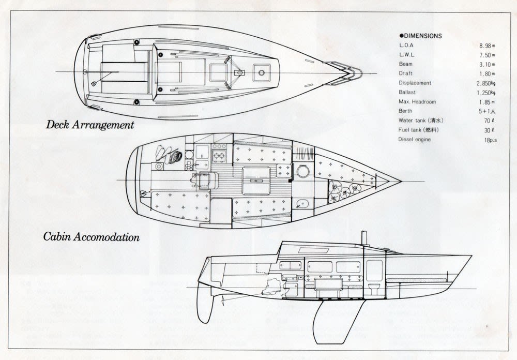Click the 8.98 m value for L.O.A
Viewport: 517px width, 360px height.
[x=486, y=46]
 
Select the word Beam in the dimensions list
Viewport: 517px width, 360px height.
[x=406, y=64]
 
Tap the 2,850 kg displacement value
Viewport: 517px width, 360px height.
[x=485, y=83]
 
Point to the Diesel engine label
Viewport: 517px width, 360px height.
[x=415, y=140]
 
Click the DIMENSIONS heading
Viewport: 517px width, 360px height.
[x=420, y=36]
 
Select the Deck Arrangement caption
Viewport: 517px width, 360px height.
[x=90, y=125]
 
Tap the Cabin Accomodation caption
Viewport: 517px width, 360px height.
[x=92, y=238]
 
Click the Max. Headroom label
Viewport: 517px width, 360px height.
[x=417, y=102]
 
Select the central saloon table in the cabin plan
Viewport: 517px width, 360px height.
[x=256, y=181]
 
